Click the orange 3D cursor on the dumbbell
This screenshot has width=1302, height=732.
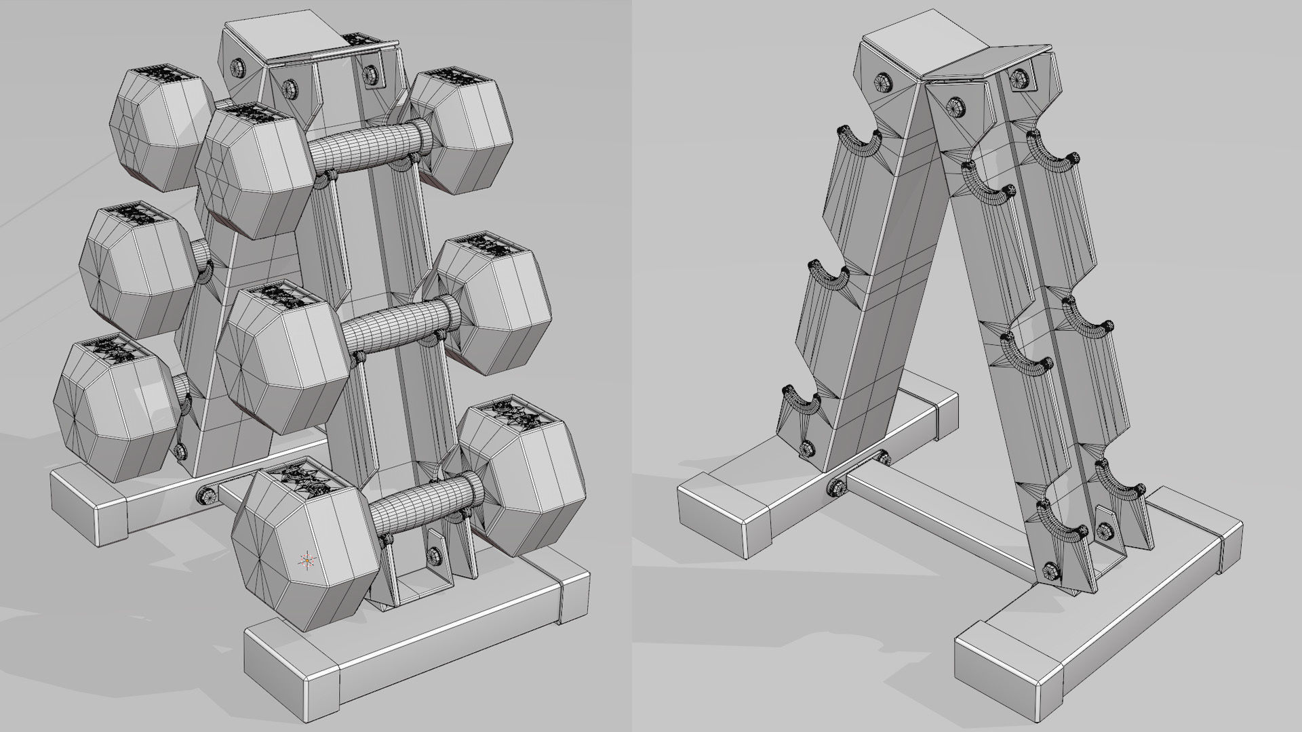pyautogui.click(x=307, y=560)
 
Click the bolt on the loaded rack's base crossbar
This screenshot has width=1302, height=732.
pyautogui.click(x=203, y=494)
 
